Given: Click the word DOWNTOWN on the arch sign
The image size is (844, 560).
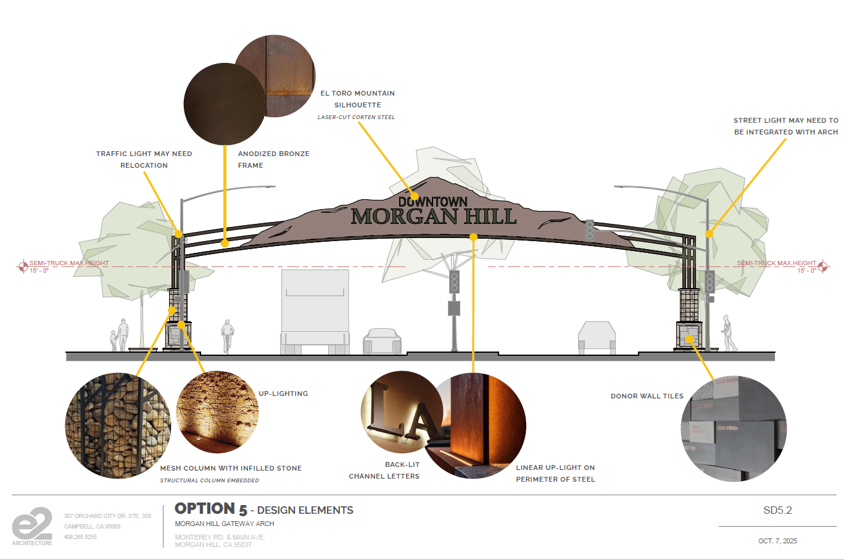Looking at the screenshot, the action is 432,202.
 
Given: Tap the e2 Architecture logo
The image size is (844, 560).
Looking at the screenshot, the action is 32,525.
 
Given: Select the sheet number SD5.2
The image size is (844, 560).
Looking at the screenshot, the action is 777,510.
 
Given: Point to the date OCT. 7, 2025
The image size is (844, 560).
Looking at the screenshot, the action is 777,541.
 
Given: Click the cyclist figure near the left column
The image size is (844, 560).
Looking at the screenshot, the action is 228,336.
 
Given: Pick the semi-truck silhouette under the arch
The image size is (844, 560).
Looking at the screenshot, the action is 315,311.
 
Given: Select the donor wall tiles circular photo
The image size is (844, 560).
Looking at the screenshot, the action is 734,428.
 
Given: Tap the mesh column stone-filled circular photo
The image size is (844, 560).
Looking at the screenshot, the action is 117,426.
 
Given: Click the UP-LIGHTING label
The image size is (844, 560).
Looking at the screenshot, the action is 283,393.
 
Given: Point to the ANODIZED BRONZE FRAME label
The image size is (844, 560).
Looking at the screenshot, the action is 273,159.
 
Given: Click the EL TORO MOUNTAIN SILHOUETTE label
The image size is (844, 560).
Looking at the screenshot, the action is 357,99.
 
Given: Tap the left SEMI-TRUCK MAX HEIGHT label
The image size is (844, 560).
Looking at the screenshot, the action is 68,263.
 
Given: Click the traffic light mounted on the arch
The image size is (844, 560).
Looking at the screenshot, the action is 590,230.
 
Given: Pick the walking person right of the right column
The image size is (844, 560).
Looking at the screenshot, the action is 729,333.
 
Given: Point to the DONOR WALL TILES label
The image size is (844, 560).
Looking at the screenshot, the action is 647,396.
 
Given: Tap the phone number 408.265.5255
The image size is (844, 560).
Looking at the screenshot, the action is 80,537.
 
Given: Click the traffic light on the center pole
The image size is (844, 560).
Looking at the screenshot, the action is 454,282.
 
